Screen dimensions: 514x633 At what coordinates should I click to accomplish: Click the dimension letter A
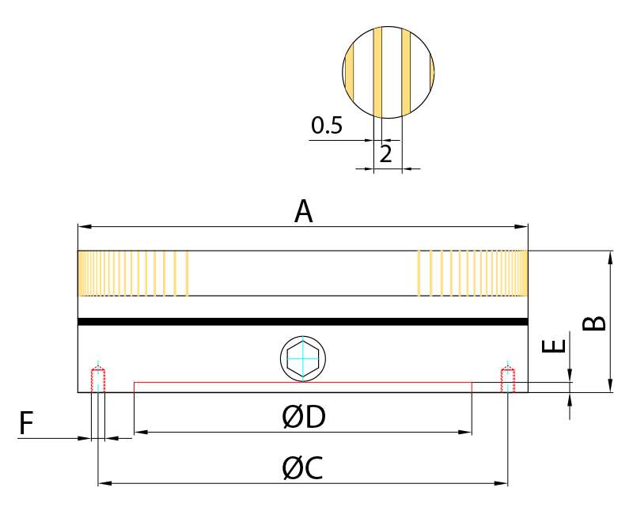(304, 212)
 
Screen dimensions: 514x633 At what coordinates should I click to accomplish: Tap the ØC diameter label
(302, 469)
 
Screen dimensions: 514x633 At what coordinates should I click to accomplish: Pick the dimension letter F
(26, 425)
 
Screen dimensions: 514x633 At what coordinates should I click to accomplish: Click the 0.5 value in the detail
(327, 126)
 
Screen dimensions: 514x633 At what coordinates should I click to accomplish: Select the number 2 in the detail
(386, 153)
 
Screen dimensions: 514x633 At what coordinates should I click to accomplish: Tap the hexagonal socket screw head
(303, 359)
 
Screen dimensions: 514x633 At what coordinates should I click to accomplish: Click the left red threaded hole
(98, 380)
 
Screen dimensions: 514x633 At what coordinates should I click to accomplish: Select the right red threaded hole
(508, 380)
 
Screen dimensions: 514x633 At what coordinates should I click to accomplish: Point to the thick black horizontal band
(302, 322)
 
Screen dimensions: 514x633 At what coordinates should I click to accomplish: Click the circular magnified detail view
(389, 71)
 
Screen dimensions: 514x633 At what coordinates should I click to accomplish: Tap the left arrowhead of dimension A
(81, 227)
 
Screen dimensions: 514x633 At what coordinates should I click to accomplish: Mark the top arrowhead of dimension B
(610, 255)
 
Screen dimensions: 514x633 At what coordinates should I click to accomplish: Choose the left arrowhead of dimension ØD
(138, 433)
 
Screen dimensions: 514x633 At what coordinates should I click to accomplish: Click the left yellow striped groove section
(132, 274)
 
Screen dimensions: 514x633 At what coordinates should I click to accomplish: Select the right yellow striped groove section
(472, 274)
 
